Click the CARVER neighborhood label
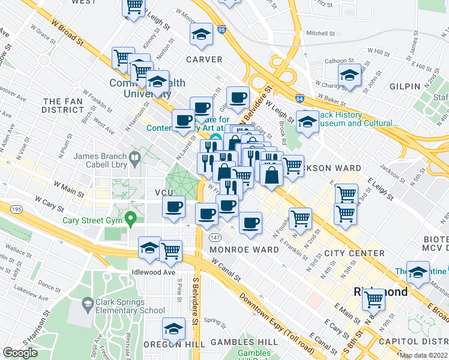point(204,60)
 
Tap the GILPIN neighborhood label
point(405,86)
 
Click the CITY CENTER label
point(354,254)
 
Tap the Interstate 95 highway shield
point(222,29)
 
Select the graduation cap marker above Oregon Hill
point(174,329)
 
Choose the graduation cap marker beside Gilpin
point(349,76)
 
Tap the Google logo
point(20,352)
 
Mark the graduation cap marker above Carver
point(202,35)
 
